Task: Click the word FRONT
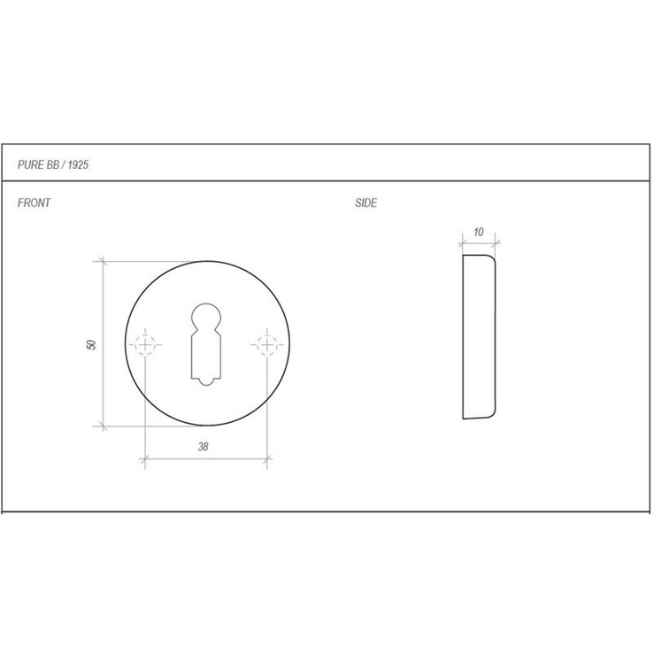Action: [34, 203]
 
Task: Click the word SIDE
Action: [366, 203]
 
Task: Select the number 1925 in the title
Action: [78, 165]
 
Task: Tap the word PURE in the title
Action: [30, 165]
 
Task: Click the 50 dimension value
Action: [91, 344]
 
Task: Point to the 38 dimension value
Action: [203, 447]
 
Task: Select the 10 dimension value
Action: [479, 232]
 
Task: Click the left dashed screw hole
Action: [145, 345]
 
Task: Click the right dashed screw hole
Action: [267, 345]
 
